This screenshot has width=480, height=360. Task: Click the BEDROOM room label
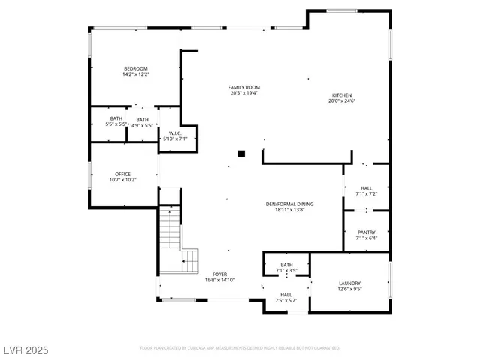[x=136, y=68]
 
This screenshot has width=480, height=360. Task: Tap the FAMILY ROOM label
[x=244, y=87]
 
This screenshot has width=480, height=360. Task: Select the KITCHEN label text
[x=342, y=95]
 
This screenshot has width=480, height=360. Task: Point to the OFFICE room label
[x=122, y=174]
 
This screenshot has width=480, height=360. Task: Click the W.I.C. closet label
[x=175, y=133]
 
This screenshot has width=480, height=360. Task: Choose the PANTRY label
[x=367, y=232]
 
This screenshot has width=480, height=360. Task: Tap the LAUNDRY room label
[x=350, y=283]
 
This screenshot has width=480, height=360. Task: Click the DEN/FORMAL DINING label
[x=289, y=204]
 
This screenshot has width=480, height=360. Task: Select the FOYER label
[x=220, y=274]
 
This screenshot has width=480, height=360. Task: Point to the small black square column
[x=241, y=154]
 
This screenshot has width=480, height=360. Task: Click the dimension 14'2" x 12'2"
[x=136, y=74]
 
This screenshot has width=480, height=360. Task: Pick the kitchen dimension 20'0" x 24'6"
[x=342, y=101]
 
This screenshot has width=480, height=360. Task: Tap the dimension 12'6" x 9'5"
[x=350, y=289]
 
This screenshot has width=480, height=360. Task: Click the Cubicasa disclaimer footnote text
[x=240, y=348]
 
